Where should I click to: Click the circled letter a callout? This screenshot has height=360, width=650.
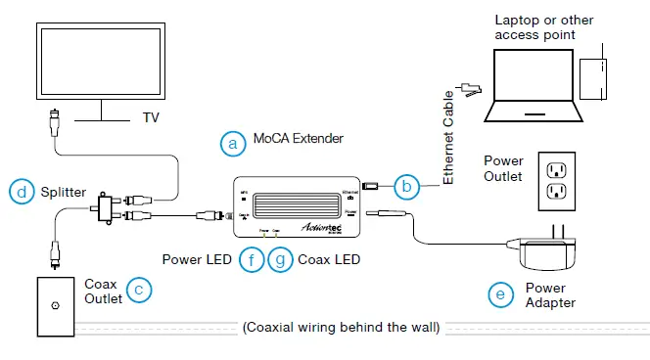pos(232,143)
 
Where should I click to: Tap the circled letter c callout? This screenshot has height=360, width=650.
pos(142,291)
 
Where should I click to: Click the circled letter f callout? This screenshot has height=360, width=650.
pos(253,260)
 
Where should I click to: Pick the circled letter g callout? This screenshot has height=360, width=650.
pos(280,260)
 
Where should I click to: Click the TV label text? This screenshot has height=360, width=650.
pos(151,117)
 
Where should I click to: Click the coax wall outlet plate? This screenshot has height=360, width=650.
pos(54,304)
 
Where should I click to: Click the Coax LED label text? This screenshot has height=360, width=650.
pos(329,260)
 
